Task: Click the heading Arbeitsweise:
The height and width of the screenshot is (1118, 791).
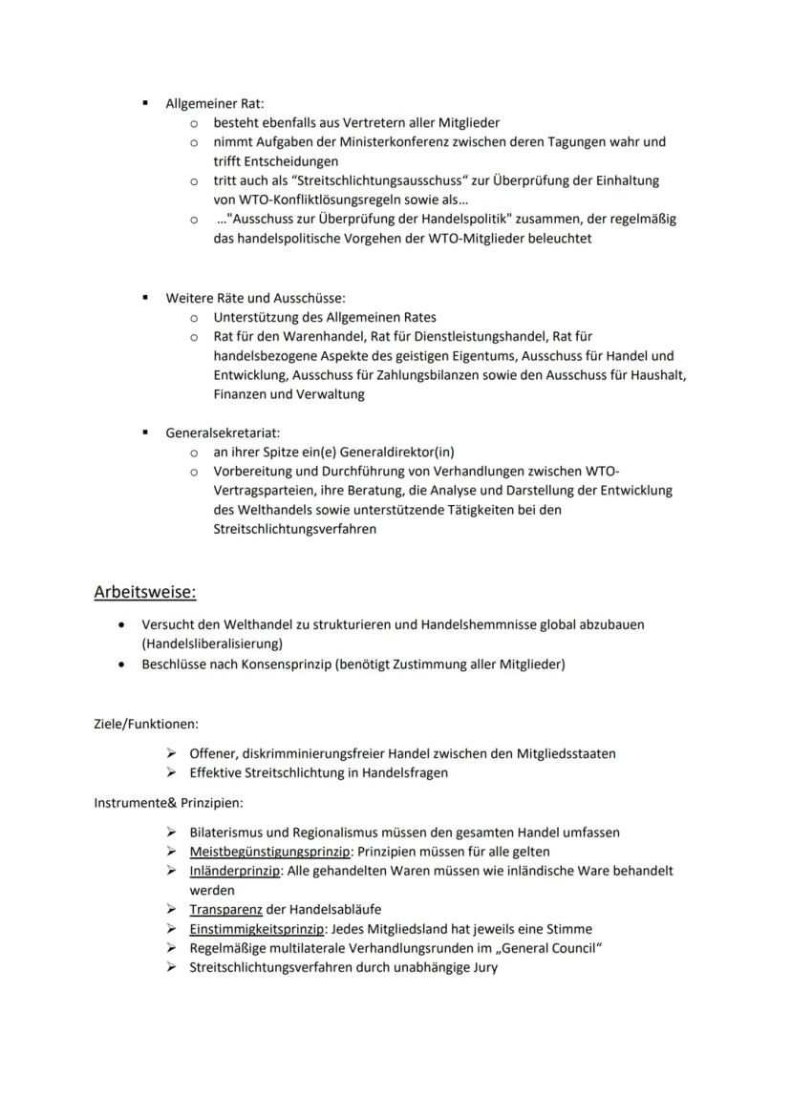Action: click(144, 593)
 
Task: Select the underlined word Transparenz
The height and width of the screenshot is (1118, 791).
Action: click(225, 910)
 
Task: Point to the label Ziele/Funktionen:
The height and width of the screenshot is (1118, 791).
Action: click(145, 725)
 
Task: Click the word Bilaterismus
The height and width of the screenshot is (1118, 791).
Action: click(229, 833)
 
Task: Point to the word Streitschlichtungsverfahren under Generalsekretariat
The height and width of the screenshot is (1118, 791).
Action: click(294, 529)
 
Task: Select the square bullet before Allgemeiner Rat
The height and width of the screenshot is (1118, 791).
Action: click(145, 103)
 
